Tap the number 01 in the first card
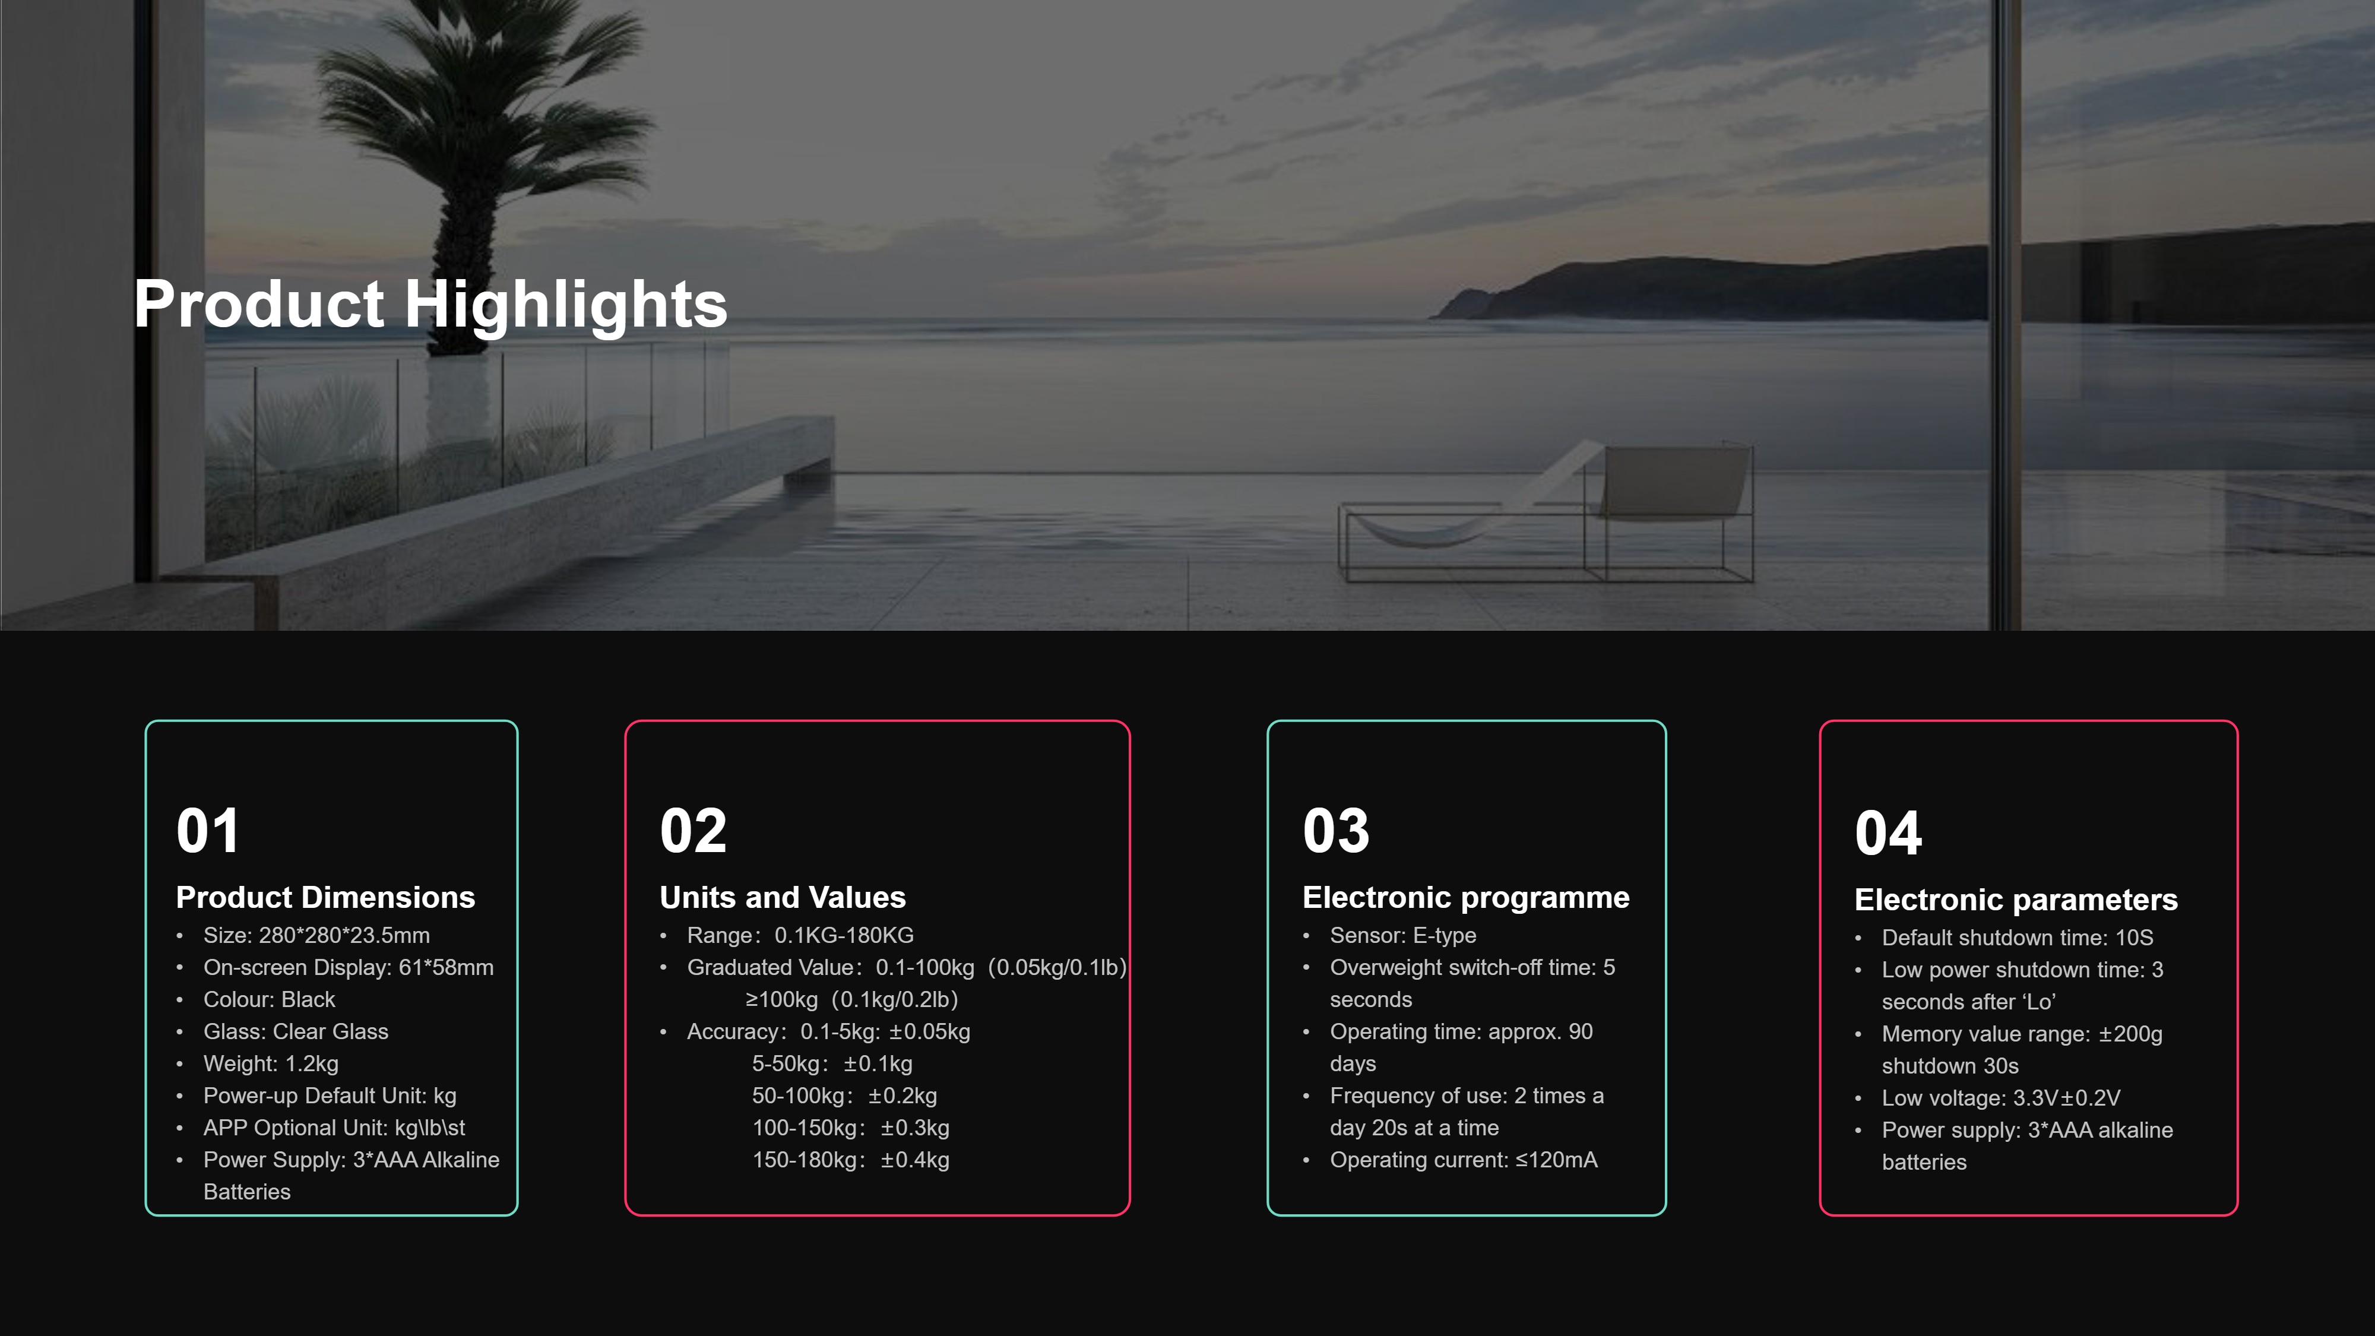208,831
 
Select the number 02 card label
693,831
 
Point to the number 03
1336,831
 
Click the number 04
1888,832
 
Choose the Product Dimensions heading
325,897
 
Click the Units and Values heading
783,897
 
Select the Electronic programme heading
1466,897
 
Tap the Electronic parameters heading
2016,899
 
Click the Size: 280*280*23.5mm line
316,935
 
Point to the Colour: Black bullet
269,999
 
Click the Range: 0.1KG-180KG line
800,935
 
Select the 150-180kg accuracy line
851,1160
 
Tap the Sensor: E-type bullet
1402,935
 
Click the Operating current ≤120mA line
1463,1160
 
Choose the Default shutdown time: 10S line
2018,938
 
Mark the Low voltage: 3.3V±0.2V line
2001,1098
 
